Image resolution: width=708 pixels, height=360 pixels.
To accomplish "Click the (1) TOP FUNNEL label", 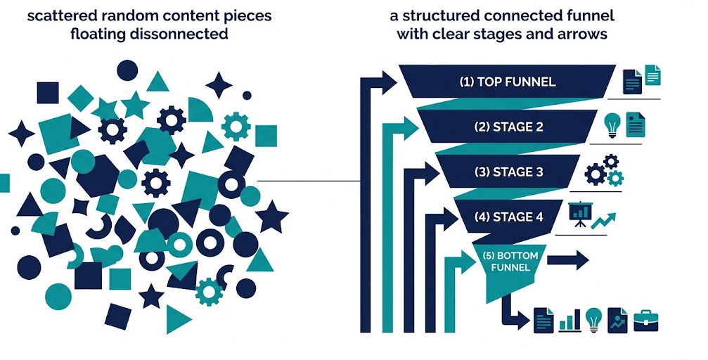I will click(x=507, y=82).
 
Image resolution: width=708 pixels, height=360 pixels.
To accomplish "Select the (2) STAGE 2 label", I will click(x=508, y=127).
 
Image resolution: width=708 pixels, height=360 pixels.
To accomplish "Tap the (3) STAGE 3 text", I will click(x=508, y=172).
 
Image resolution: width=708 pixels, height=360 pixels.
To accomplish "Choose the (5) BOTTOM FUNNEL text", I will click(x=511, y=262).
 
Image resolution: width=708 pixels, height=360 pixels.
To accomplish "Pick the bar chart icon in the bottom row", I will click(x=569, y=321).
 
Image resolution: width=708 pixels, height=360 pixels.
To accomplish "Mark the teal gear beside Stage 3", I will click(x=615, y=178).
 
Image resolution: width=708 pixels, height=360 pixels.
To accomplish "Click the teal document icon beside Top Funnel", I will click(x=653, y=75).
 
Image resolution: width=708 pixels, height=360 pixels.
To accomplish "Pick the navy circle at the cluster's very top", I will click(x=127, y=70).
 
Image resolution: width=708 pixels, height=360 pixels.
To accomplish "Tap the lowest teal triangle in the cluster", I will click(x=176, y=319).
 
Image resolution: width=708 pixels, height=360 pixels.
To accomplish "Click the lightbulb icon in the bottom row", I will click(x=594, y=320).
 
